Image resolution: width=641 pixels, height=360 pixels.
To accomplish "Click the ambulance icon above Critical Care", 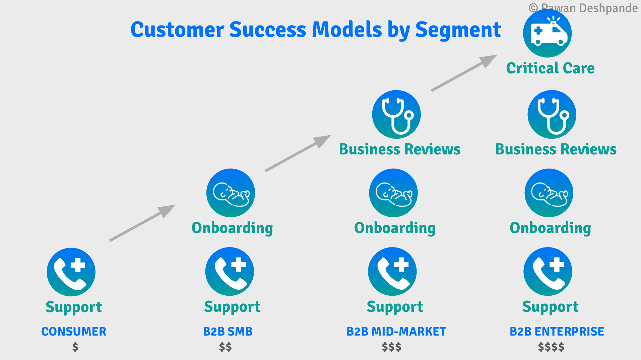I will [547, 33].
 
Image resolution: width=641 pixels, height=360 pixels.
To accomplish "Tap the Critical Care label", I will [550, 68].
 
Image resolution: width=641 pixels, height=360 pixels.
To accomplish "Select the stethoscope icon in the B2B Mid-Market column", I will [396, 114].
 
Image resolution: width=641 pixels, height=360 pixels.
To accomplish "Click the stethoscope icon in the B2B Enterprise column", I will [552, 114].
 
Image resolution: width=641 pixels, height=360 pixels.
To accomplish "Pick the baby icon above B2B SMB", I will [231, 193].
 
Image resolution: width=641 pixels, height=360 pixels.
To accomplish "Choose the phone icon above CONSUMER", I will [71, 272].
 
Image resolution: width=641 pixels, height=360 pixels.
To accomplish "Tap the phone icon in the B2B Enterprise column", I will [548, 272].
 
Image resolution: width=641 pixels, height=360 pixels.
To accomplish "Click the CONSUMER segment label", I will [74, 331].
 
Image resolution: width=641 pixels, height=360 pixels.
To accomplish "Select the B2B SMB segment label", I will [228, 331].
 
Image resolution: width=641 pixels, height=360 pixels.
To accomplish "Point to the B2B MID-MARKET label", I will [396, 331].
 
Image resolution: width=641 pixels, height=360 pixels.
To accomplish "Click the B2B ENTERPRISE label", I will [557, 331].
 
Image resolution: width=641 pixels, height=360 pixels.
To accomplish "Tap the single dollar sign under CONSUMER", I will [75, 347].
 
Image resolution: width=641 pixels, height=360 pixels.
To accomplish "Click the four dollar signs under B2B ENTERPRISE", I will [551, 347].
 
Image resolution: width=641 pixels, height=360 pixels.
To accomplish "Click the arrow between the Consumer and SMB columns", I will [142, 223].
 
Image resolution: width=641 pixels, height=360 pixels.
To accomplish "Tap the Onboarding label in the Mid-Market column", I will [395, 228].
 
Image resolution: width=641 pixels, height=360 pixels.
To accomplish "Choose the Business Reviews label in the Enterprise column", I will [556, 149].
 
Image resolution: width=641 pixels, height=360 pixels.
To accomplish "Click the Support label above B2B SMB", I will [232, 307].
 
